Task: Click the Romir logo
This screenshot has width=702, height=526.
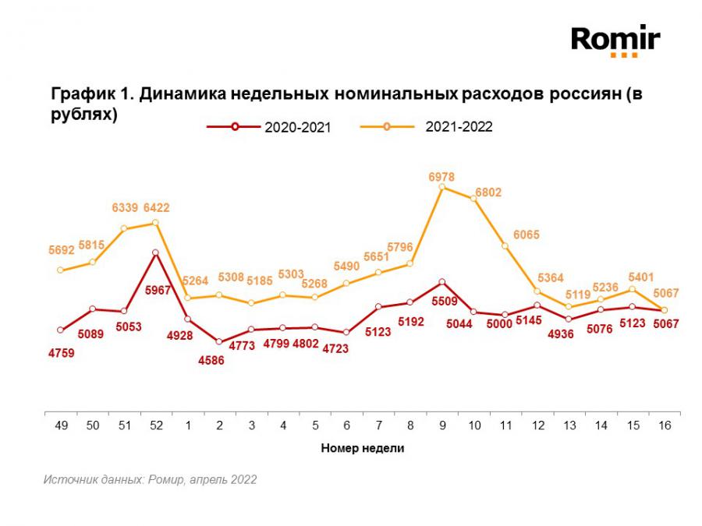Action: click(x=615, y=40)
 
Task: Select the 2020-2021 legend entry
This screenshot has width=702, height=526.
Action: click(x=269, y=128)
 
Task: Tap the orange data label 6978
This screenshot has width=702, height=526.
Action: click(x=441, y=177)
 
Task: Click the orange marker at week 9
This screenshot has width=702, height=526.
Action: click(x=442, y=187)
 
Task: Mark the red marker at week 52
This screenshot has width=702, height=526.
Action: click(x=156, y=252)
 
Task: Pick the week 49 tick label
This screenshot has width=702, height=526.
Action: click(x=61, y=426)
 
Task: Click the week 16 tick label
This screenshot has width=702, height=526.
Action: click(x=664, y=426)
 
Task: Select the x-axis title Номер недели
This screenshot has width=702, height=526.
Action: click(x=363, y=449)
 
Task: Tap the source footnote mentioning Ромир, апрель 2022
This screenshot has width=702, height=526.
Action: click(x=150, y=480)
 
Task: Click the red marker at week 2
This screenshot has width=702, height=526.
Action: click(x=219, y=342)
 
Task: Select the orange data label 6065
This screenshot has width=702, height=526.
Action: click(x=526, y=235)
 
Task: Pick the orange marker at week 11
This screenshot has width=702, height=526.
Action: click(x=505, y=246)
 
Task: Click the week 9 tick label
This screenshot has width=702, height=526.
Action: click(x=442, y=426)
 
